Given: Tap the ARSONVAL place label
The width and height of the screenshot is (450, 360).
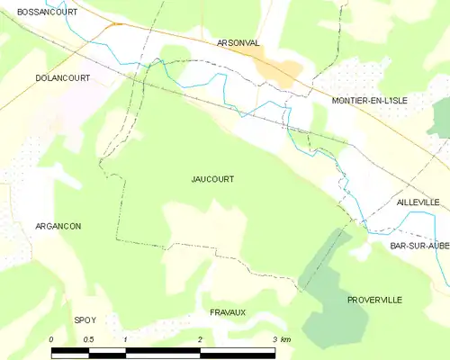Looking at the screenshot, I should [238, 42].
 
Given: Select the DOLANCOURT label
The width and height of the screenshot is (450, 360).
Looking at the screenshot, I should [63, 78].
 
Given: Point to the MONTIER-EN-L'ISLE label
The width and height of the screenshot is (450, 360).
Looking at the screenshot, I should [369, 101].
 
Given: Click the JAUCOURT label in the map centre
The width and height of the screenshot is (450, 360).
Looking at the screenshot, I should [212, 179].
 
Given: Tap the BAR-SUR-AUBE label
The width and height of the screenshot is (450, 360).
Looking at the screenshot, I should [419, 246].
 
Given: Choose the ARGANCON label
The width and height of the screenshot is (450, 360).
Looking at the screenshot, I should [58, 226].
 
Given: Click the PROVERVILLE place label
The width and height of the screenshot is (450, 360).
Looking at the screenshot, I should [374, 299].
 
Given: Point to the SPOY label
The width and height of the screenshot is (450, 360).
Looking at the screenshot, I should [85, 319].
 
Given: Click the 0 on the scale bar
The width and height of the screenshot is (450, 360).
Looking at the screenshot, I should [51, 339].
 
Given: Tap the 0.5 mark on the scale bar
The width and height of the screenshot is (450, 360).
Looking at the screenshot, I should [88, 339].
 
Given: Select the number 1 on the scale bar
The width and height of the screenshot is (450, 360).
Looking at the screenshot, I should [125, 339].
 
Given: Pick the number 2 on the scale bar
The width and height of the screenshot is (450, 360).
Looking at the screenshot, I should [200, 339].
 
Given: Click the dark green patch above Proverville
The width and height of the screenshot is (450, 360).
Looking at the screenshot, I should [328, 270].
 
